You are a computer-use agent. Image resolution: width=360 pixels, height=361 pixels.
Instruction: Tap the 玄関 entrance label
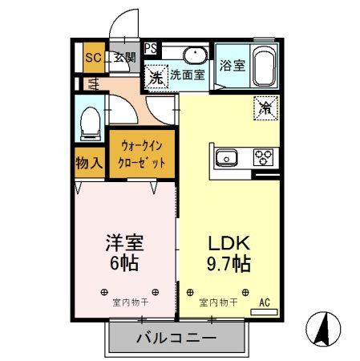123,57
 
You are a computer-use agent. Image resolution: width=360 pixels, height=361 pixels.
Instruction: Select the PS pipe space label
150,47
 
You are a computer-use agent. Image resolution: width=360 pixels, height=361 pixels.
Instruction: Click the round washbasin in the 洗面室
194,55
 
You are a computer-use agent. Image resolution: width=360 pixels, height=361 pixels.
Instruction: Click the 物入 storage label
90,162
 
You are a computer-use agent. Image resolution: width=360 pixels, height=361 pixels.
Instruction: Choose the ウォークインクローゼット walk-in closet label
144,154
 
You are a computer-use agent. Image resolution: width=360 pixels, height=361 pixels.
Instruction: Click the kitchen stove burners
264,157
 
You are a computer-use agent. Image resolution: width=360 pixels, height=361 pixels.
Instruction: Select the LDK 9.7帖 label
229,253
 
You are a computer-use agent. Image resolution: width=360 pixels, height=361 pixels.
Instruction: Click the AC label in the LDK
264,303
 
